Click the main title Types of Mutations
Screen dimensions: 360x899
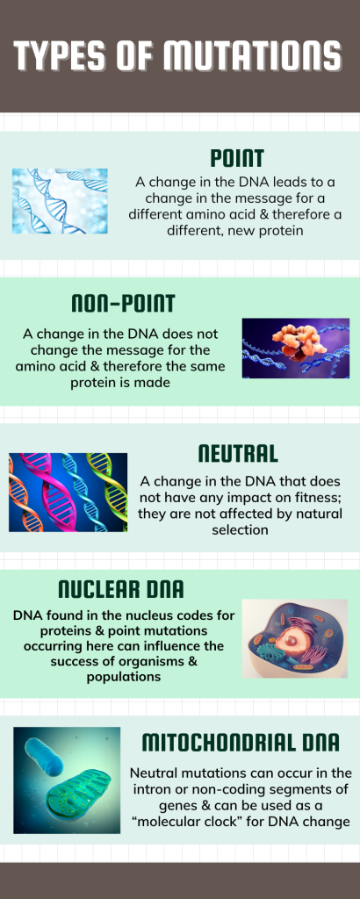click(x=177, y=56)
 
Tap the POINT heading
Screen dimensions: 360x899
click(x=237, y=158)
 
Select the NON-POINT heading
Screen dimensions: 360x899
click(x=123, y=304)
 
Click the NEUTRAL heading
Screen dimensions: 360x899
click(x=238, y=454)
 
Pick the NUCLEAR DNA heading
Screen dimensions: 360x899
click(x=121, y=589)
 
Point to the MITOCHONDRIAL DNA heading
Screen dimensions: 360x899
click(x=241, y=742)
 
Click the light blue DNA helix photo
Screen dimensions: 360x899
click(x=61, y=201)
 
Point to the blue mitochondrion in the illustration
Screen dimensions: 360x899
click(x=45, y=757)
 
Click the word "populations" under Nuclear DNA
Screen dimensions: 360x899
click(x=123, y=677)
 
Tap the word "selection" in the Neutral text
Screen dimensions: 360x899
click(x=240, y=529)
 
